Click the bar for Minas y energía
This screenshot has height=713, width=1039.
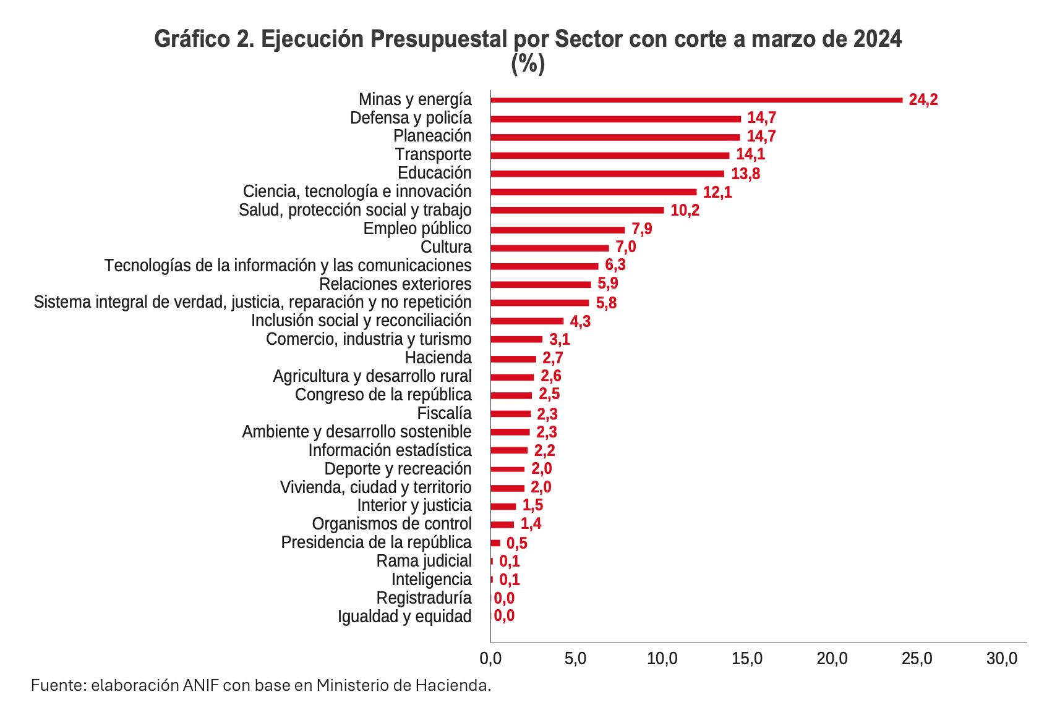click(696, 99)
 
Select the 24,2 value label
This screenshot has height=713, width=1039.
click(923, 100)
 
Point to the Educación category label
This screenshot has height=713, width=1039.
click(434, 173)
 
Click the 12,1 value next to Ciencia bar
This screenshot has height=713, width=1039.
click(717, 192)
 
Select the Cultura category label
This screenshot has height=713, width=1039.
click(445, 247)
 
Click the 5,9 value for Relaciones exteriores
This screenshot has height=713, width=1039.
click(608, 284)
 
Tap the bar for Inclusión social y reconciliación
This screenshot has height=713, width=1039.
click(526, 321)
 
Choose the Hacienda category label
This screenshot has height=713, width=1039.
click(438, 358)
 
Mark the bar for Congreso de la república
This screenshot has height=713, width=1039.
click(511, 395)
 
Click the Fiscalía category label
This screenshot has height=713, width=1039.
click(444, 413)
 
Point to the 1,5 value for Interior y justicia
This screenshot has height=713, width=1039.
click(532, 505)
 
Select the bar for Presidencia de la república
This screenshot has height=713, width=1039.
click(495, 543)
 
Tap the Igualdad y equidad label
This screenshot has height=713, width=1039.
click(404, 617)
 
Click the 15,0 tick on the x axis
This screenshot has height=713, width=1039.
click(746, 659)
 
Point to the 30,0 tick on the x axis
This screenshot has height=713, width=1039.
click(1002, 659)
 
